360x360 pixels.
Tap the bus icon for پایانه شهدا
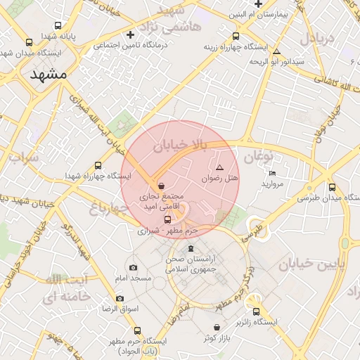pos(29,42)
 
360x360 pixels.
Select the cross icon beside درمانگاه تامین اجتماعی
pos(129,34)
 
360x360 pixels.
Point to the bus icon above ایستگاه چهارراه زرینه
pos(236,37)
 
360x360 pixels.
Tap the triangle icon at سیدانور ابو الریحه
pos(277,52)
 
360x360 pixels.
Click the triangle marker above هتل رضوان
pos(219,168)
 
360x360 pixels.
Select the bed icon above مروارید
pos(272,173)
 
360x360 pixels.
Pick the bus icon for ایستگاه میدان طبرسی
pos(312,187)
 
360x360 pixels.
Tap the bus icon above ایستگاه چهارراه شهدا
pos(98,166)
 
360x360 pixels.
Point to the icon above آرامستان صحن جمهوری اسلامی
pos(190,250)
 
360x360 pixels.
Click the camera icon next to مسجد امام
pos(134,268)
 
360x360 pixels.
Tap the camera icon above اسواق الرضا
pos(120,299)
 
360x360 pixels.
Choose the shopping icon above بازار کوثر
pos(216,328)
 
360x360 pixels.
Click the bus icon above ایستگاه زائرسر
pos(256,311)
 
